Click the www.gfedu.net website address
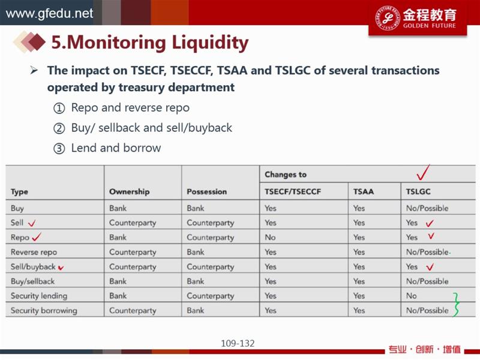[x=49, y=13]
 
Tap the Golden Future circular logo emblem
[x=388, y=17]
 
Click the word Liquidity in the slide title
[x=210, y=43]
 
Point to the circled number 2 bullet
[x=59, y=128]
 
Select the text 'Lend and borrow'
[x=116, y=148]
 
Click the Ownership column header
[x=129, y=191]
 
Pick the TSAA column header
[x=364, y=191]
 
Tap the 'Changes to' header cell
[x=286, y=175]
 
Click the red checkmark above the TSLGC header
[x=424, y=172]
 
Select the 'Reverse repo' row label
[x=34, y=252]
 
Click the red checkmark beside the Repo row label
[x=37, y=236]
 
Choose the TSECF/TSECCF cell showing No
[x=270, y=237]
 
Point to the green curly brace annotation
[x=456, y=304]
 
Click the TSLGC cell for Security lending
[x=411, y=296]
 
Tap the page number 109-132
[x=238, y=343]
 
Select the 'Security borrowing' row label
[x=44, y=310]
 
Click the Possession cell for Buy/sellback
[x=196, y=281]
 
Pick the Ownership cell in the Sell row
[x=133, y=223]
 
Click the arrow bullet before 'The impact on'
[x=34, y=71]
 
